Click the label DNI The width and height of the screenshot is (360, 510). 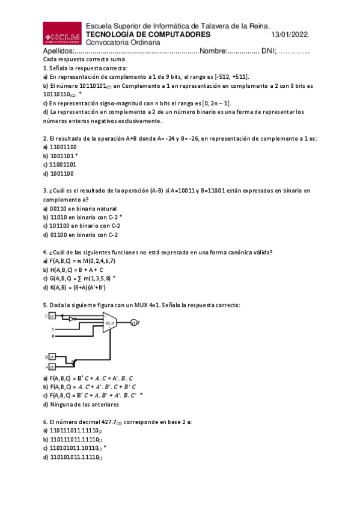(267, 51)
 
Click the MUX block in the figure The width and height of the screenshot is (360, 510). (110, 323)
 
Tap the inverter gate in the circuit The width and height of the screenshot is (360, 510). (72, 319)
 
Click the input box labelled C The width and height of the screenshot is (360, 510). (52, 315)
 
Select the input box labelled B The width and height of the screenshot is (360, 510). (52, 357)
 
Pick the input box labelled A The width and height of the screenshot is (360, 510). (52, 366)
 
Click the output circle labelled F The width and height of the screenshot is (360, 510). (133, 324)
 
